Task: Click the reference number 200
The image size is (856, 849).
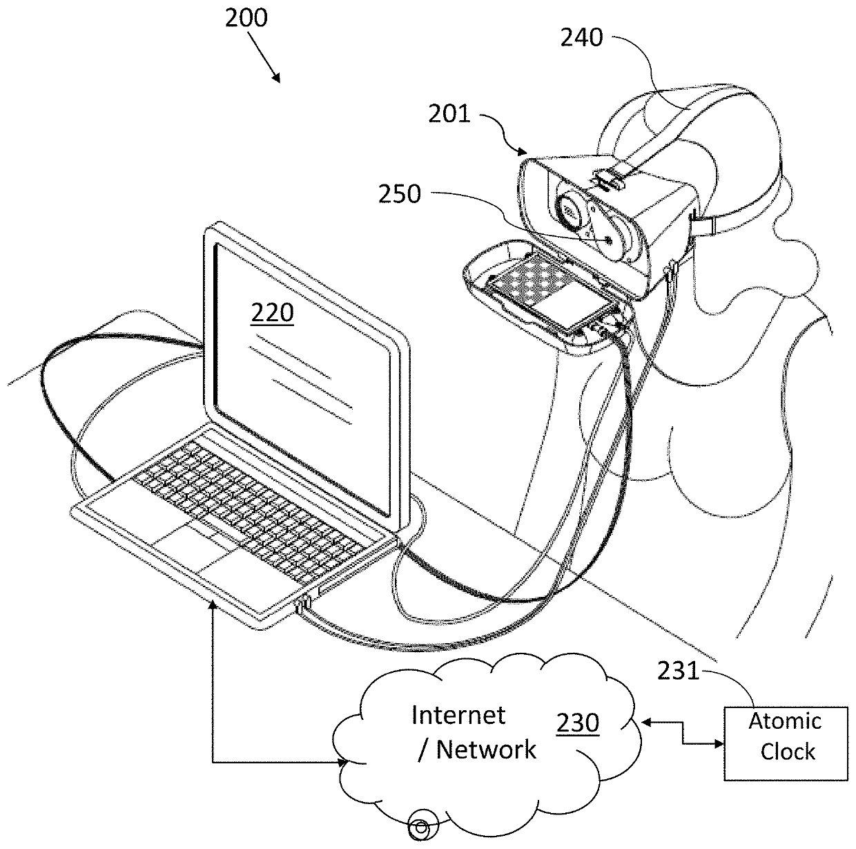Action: pos(246,19)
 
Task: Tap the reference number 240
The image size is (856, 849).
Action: pos(581,38)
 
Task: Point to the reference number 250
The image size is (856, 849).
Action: pos(399,194)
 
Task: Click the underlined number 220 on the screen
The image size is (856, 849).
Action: pos(272,314)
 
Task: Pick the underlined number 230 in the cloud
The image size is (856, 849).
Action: pos(578,723)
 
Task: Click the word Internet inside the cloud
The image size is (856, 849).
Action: pos(458,715)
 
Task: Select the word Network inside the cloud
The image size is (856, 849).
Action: pos(486,750)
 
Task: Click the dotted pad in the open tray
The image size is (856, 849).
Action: pos(524,279)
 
